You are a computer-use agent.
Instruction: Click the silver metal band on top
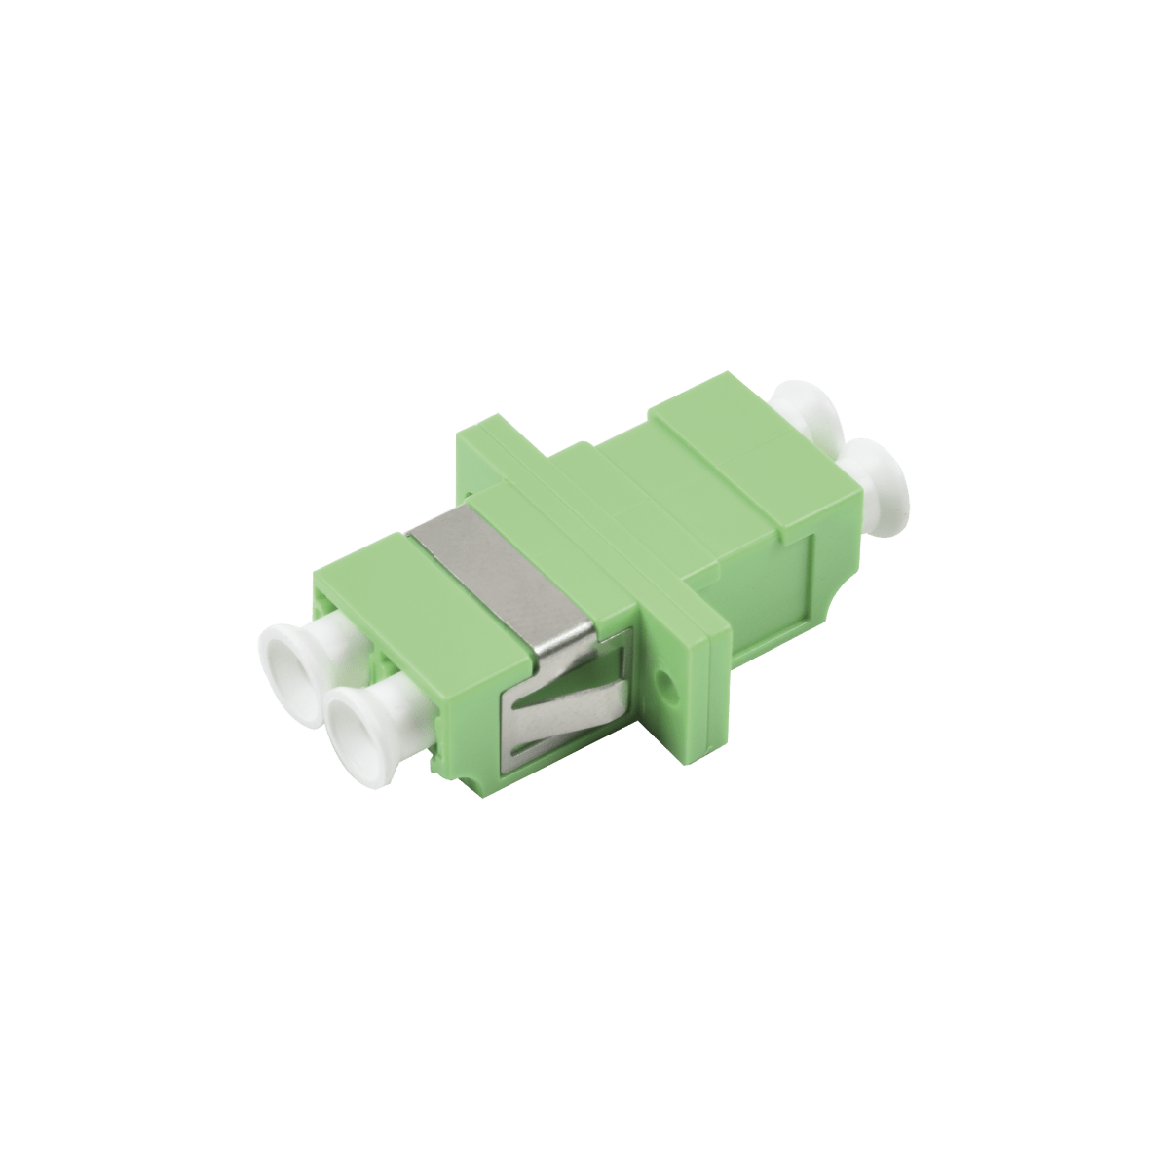click(507, 565)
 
